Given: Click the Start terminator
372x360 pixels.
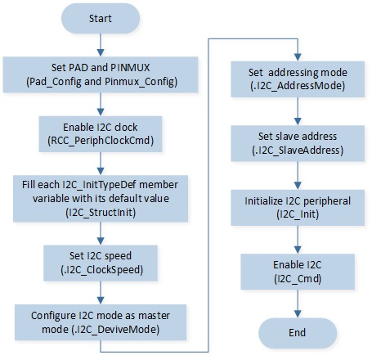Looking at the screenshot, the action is tap(101, 18).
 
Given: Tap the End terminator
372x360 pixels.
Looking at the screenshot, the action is tap(298, 333).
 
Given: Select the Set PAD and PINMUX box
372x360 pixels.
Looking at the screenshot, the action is tap(101, 74).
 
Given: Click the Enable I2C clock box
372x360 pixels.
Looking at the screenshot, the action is tap(101, 134).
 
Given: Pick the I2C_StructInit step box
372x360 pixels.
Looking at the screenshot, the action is tap(101, 198).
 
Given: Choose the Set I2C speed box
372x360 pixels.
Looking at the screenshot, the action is tap(101, 263).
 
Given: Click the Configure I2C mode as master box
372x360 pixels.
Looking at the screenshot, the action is tap(101, 322).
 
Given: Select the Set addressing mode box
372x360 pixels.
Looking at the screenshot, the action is tap(298, 79).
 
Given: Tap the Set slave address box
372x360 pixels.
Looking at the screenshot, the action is tap(298, 143).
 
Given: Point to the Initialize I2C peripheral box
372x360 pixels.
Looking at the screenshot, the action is tap(298, 208).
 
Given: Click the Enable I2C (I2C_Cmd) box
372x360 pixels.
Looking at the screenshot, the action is tap(298, 272).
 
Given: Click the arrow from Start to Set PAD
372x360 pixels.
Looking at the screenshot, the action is tap(101, 45).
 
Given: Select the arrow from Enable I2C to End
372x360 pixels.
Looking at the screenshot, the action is tap(298, 304).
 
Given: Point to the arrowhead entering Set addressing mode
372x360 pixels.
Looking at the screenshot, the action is tap(298, 57).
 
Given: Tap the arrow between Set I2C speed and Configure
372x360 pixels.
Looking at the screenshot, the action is tap(101, 293).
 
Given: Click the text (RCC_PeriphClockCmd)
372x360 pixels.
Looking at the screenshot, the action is tap(101, 141).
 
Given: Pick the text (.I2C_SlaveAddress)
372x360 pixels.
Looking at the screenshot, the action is tap(298, 151).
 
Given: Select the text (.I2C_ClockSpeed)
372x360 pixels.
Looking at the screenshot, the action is tap(101, 270).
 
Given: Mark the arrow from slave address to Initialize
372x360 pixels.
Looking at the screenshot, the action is tap(298, 175).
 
